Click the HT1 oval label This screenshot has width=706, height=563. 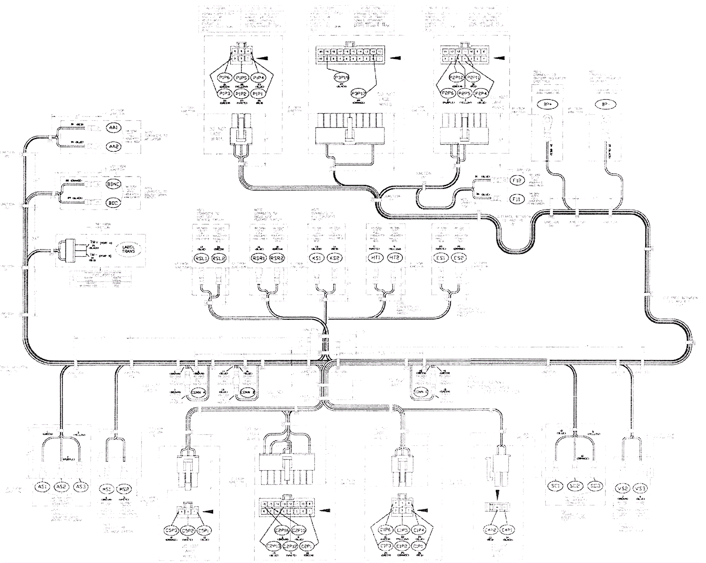pyautogui.click(x=376, y=258)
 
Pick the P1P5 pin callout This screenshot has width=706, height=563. pyautogui.click(x=241, y=78)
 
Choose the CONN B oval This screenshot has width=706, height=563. pyautogui.click(x=245, y=391)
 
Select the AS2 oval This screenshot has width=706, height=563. pyautogui.click(x=61, y=486)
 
